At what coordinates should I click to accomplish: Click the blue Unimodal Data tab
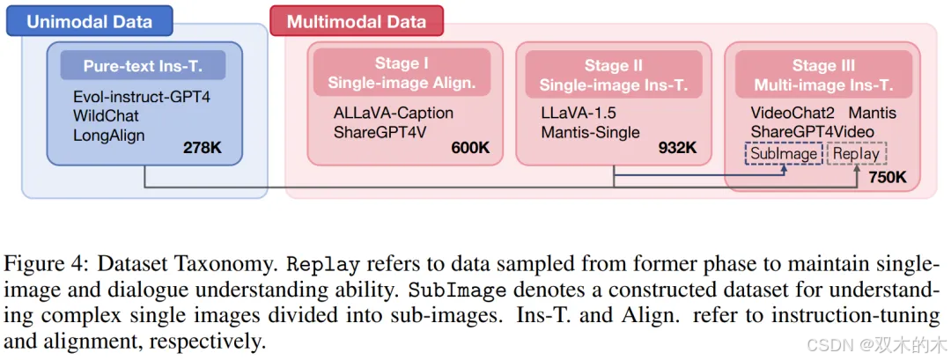click(x=89, y=21)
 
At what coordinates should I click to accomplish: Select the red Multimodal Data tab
click(x=356, y=21)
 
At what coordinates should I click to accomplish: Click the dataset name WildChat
click(x=106, y=115)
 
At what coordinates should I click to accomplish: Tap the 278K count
click(x=203, y=147)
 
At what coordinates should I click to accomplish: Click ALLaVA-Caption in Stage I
click(x=394, y=114)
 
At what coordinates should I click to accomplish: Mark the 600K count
click(x=469, y=148)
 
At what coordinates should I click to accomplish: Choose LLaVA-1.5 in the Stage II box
click(x=578, y=114)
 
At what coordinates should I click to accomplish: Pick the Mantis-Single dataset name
click(x=590, y=133)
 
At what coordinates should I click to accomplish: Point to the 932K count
click(x=677, y=148)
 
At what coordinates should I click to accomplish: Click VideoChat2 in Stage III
click(x=787, y=113)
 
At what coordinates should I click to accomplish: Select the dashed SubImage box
click(x=784, y=154)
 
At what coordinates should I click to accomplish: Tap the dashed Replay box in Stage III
click(x=856, y=154)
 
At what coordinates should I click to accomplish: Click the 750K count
click(x=887, y=177)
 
